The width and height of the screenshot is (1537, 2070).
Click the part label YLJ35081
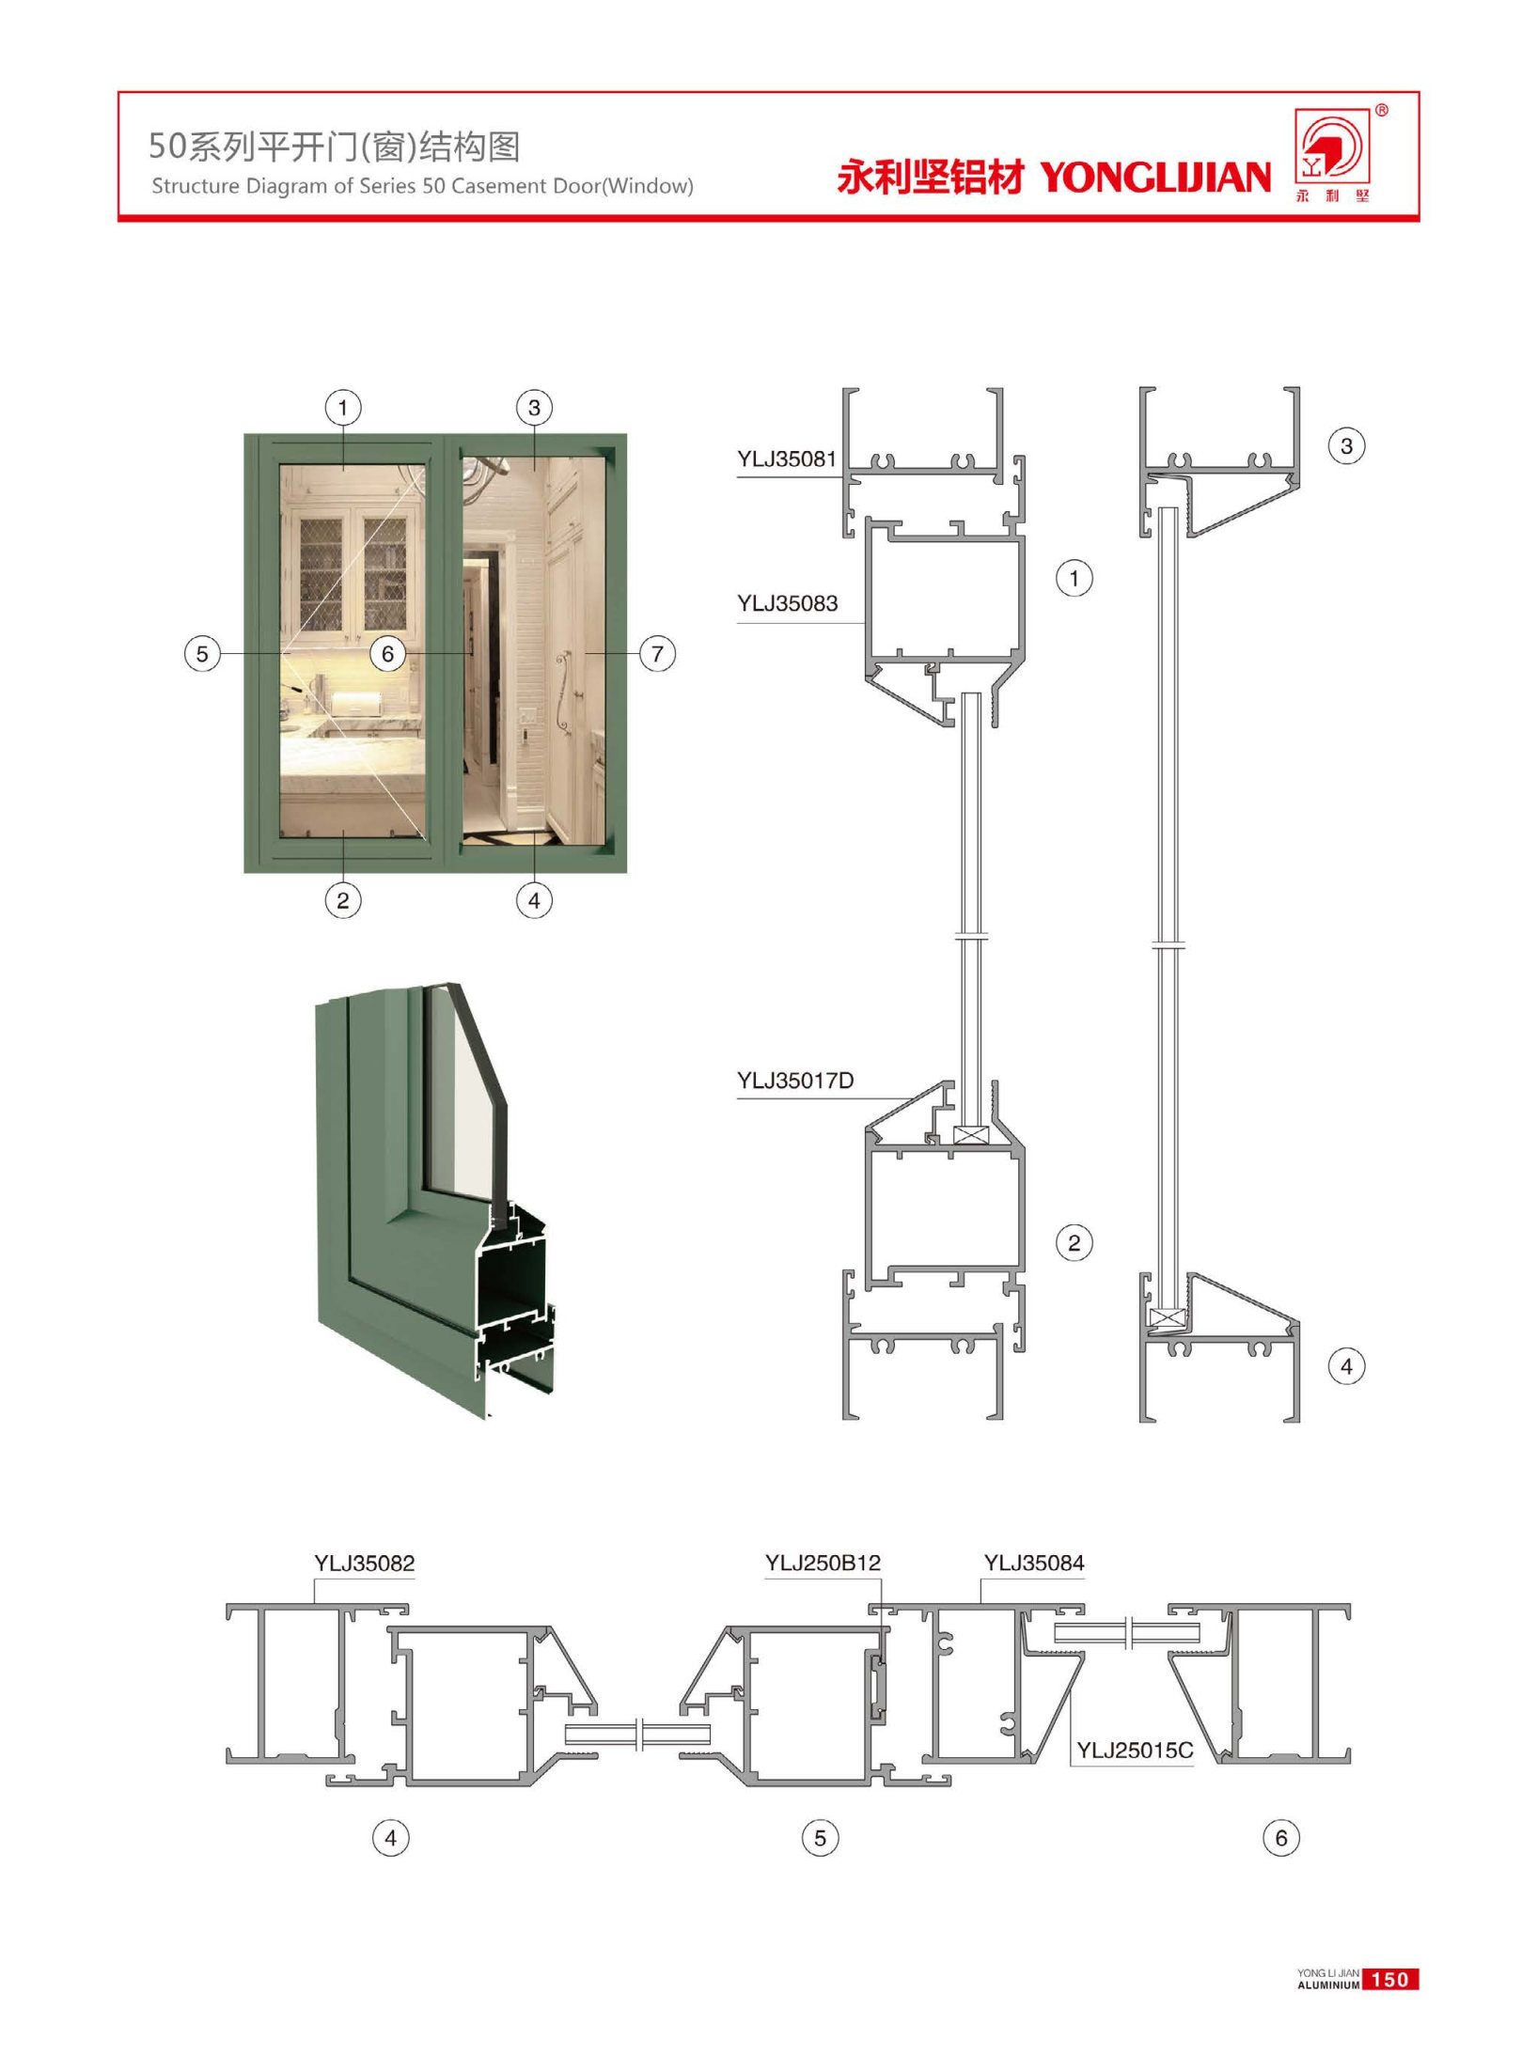point(786,459)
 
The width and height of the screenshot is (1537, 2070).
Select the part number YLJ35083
point(787,603)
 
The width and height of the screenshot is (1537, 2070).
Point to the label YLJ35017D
point(795,1081)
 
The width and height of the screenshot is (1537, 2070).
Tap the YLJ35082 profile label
point(365,1564)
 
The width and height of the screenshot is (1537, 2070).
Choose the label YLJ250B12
point(823,1564)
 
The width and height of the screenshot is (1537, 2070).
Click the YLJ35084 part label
point(1034,1564)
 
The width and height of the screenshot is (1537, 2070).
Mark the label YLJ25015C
point(1135,1751)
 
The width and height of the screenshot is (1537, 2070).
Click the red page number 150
point(1389,1980)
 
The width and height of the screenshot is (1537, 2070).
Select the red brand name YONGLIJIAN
point(1155,177)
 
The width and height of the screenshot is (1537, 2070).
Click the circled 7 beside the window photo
point(657,653)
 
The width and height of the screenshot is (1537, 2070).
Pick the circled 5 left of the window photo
point(202,653)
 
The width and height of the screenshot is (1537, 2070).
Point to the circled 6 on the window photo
point(387,653)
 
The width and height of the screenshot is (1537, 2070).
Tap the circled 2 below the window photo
point(343,900)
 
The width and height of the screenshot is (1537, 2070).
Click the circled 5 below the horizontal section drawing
point(820,1838)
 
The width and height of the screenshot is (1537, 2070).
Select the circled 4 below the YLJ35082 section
point(391,1838)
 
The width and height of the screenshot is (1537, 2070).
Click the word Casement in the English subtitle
point(491,186)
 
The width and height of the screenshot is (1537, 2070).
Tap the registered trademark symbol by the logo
point(1382,110)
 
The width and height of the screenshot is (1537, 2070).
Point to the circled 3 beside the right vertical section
point(1346,445)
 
